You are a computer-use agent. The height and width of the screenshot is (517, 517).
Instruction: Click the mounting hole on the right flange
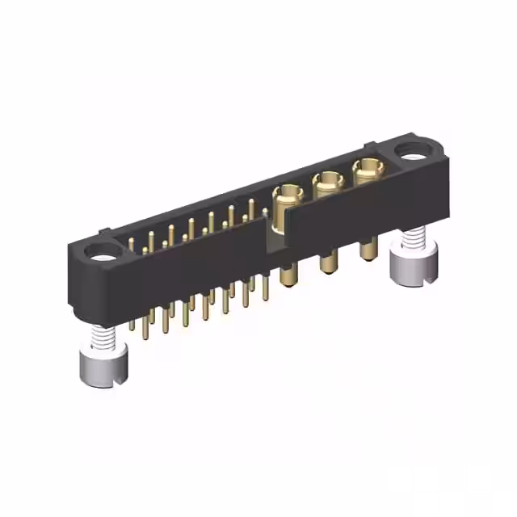pos(413,149)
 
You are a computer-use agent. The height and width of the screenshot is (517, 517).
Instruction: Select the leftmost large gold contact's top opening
pos(287,194)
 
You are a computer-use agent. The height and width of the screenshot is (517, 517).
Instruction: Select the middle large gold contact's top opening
pos(326,181)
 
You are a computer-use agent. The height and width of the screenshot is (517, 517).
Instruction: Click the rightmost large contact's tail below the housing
pos(368,247)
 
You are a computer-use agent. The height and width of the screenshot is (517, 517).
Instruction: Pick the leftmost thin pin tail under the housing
pos(132,325)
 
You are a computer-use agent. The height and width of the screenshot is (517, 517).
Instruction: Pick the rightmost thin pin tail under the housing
pos(265,287)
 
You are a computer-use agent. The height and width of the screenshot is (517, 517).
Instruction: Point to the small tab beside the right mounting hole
pos(370,146)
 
